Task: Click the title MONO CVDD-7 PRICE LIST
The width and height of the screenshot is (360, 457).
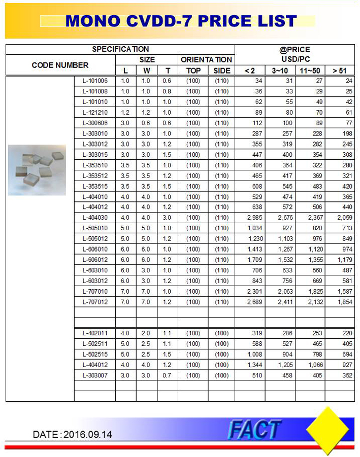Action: [x=181, y=21]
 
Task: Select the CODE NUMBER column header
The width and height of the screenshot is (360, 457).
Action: [x=60, y=65]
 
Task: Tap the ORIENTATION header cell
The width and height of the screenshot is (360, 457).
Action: [x=206, y=59]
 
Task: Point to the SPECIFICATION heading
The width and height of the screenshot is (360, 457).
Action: [x=120, y=49]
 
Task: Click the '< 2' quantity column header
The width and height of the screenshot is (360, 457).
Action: [x=249, y=71]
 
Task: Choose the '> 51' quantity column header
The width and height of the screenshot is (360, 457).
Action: [x=339, y=71]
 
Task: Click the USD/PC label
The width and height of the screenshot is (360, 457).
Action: [x=295, y=59]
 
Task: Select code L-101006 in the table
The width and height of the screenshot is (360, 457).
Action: [x=95, y=81]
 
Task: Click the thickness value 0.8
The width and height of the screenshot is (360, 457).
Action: [x=167, y=91]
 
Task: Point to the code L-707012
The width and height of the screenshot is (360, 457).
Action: [x=95, y=302]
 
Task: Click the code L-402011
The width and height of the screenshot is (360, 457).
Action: [x=95, y=333]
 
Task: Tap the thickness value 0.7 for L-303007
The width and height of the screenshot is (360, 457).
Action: [x=167, y=375]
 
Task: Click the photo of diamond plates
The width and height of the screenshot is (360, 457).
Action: [x=37, y=169]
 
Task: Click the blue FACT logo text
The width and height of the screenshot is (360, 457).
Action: [x=254, y=429]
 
